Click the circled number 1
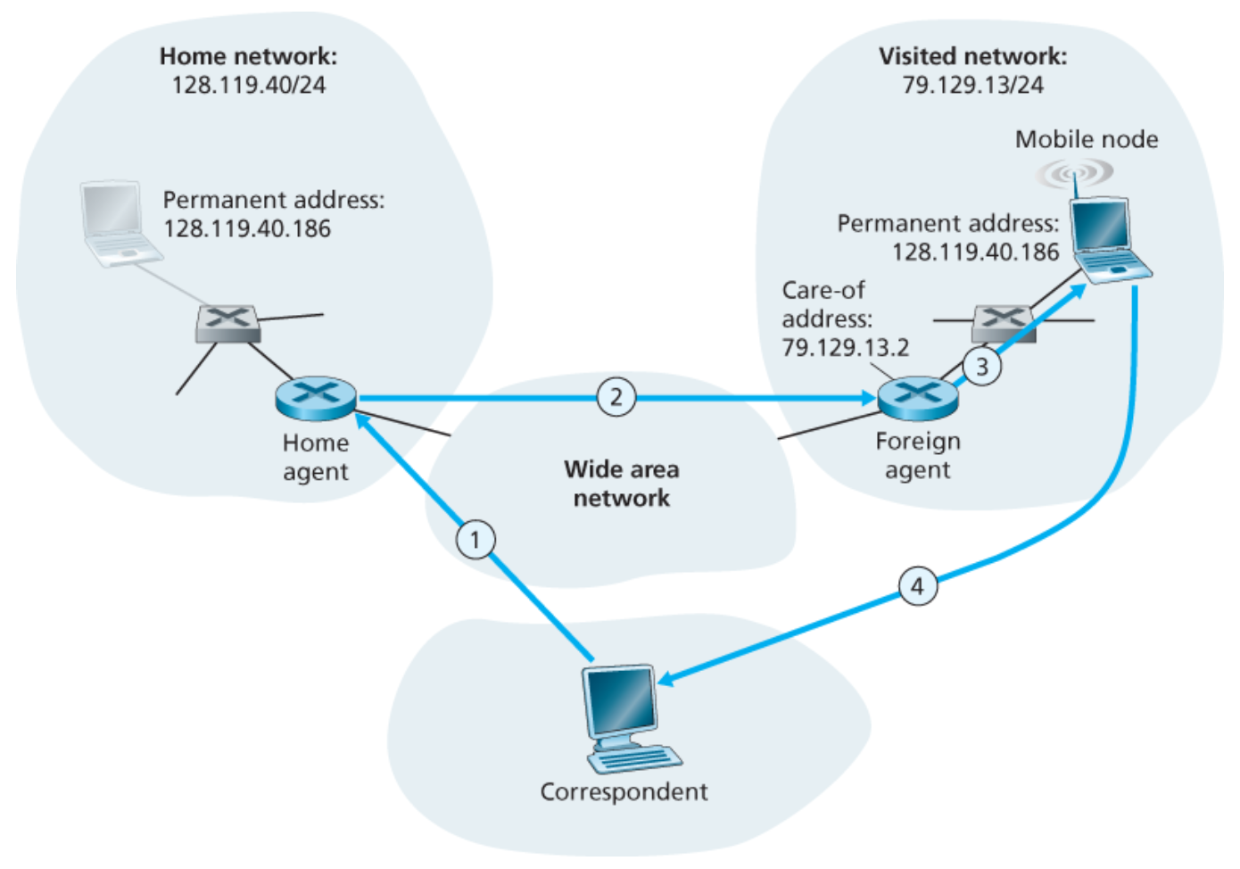(475, 540)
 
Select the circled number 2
(616, 397)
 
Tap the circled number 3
(982, 367)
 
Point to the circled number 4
(917, 587)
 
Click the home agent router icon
(316, 398)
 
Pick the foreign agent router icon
(918, 398)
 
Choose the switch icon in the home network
(228, 323)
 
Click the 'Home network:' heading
(248, 56)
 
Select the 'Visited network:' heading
(972, 56)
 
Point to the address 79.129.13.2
(845, 347)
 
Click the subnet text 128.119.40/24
(248, 86)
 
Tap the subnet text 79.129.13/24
(972, 86)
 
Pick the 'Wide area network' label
(621, 484)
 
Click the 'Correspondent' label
(624, 792)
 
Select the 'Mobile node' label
(1086, 139)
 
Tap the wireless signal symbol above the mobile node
(1075, 171)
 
